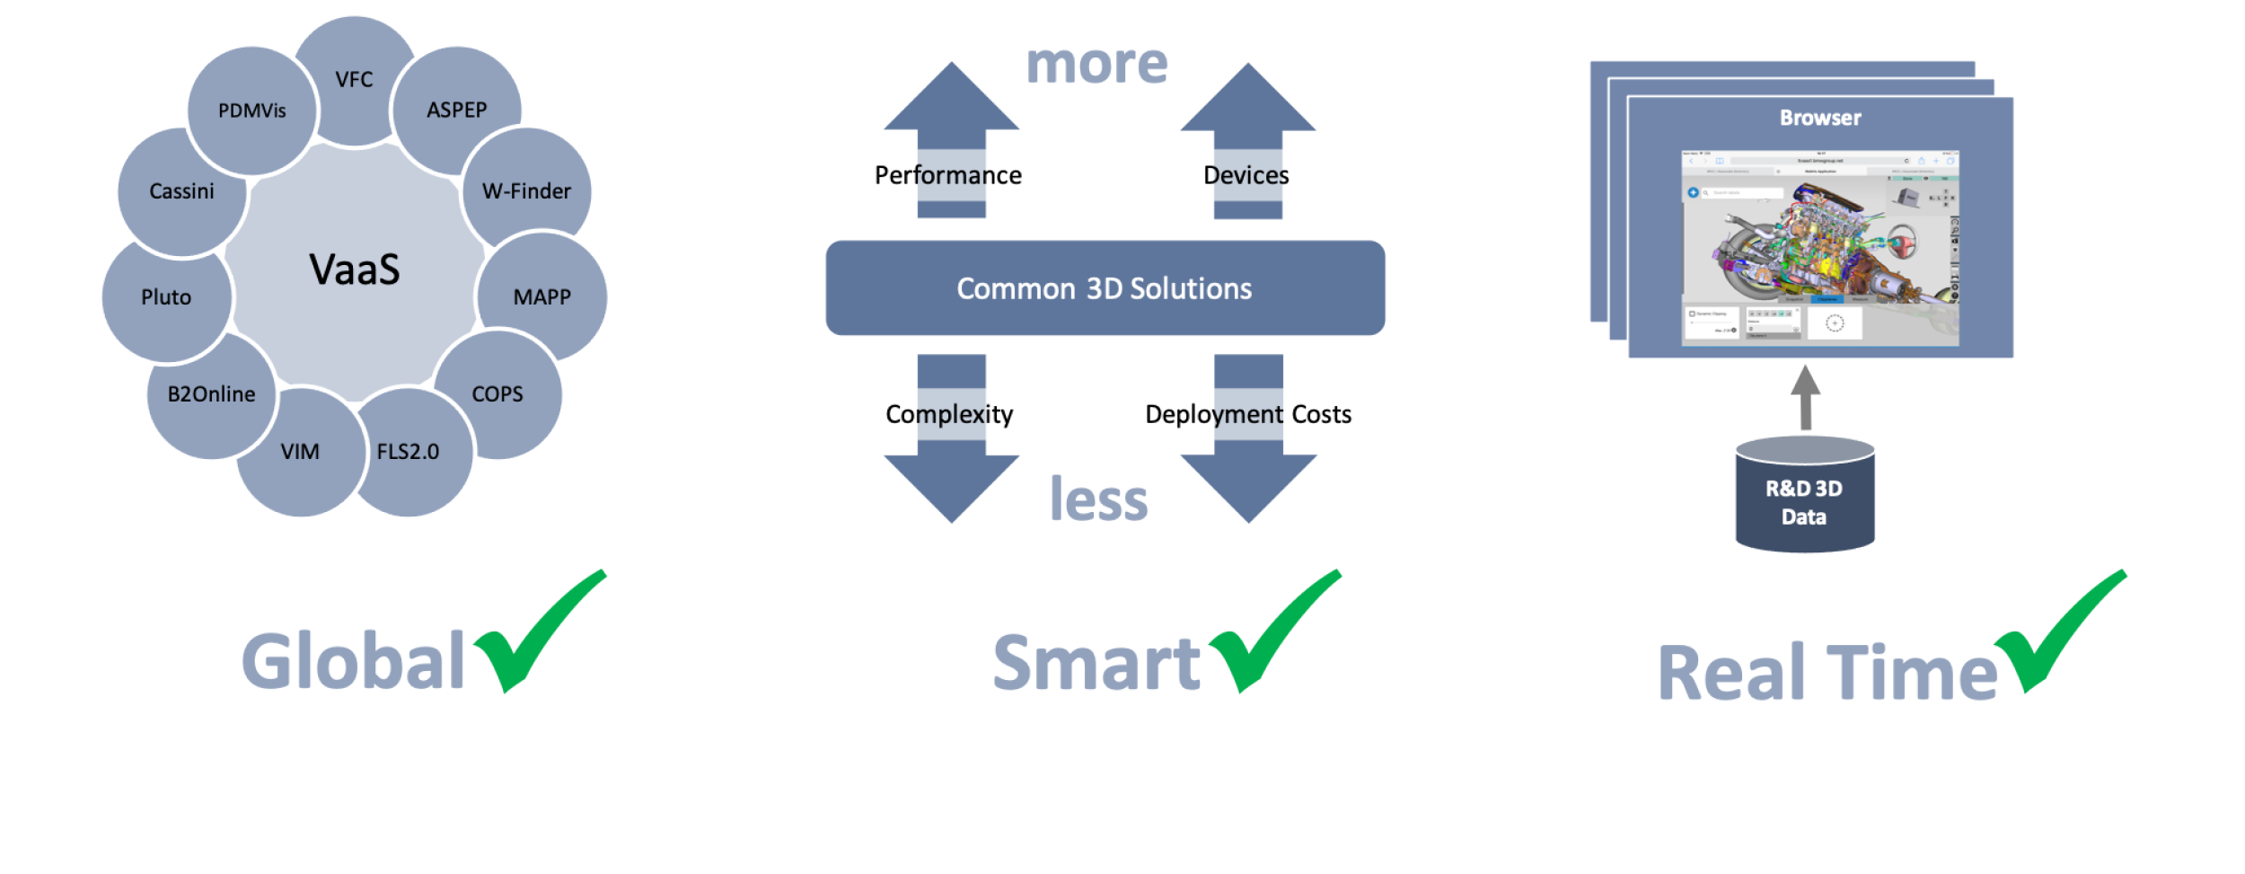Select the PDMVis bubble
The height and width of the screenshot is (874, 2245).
pos(251,110)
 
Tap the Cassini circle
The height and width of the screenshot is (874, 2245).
pos(181,191)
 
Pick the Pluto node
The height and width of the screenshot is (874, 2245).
pos(166,297)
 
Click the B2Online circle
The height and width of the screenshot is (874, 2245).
pos(211,394)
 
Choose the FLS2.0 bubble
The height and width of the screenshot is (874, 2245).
pos(409,452)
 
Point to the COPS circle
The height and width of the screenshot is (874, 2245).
pos(497,394)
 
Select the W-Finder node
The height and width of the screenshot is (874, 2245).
pos(527,191)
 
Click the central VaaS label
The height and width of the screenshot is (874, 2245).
pos(355,269)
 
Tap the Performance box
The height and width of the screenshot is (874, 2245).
pos(948,175)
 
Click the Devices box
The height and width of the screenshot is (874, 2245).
pos(1246,175)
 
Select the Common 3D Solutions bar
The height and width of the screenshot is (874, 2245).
pos(1105,288)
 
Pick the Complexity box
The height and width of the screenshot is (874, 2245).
pos(949,414)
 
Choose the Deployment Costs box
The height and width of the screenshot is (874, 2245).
pos(1248,414)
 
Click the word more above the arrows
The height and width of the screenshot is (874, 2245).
pos(1097,65)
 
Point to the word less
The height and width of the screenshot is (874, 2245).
pos(1099,499)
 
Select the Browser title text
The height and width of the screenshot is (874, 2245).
pos(1820,118)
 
